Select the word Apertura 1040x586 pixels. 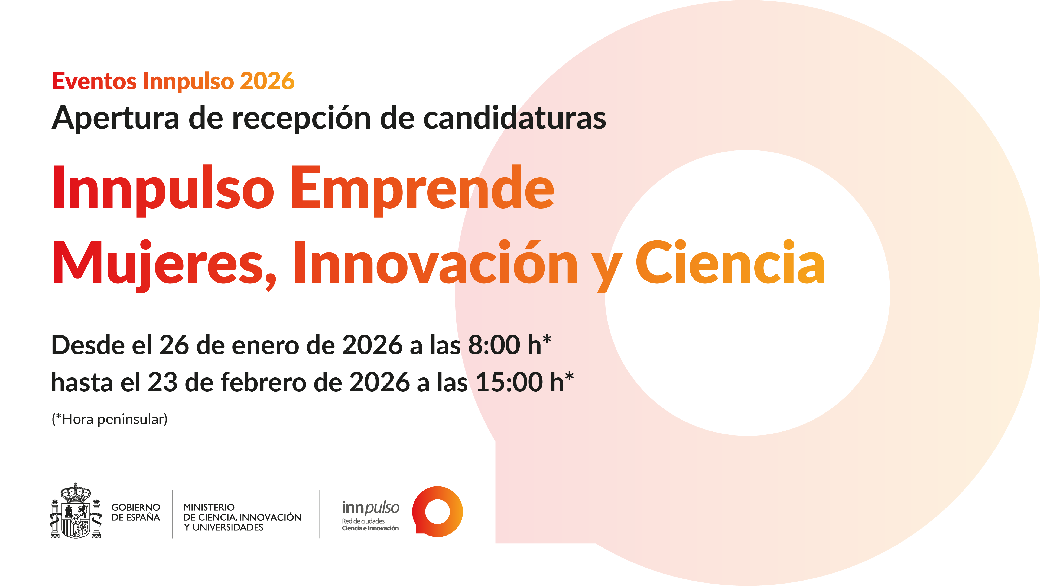(x=115, y=118)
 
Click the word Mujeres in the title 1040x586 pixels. (x=164, y=264)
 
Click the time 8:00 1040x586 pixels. (x=494, y=345)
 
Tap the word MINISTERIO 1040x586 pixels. (x=209, y=507)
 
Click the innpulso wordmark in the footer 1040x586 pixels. (x=370, y=508)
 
